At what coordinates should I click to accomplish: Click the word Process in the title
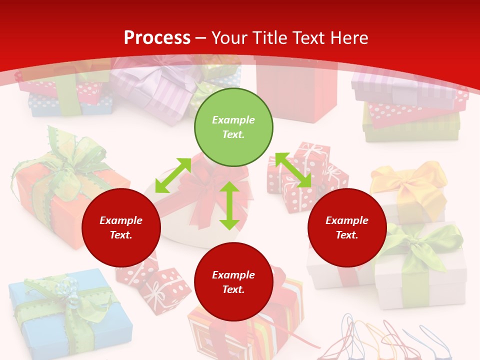click(157, 38)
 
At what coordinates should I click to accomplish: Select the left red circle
click(121, 227)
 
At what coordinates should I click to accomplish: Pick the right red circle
click(347, 227)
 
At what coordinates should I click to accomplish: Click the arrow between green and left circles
click(173, 175)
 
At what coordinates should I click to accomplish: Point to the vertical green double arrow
click(229, 205)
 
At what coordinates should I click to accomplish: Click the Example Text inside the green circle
click(233, 127)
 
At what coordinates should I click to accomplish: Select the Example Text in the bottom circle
click(233, 282)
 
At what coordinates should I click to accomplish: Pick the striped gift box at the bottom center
click(280, 320)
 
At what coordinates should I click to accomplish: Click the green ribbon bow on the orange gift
click(70, 160)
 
